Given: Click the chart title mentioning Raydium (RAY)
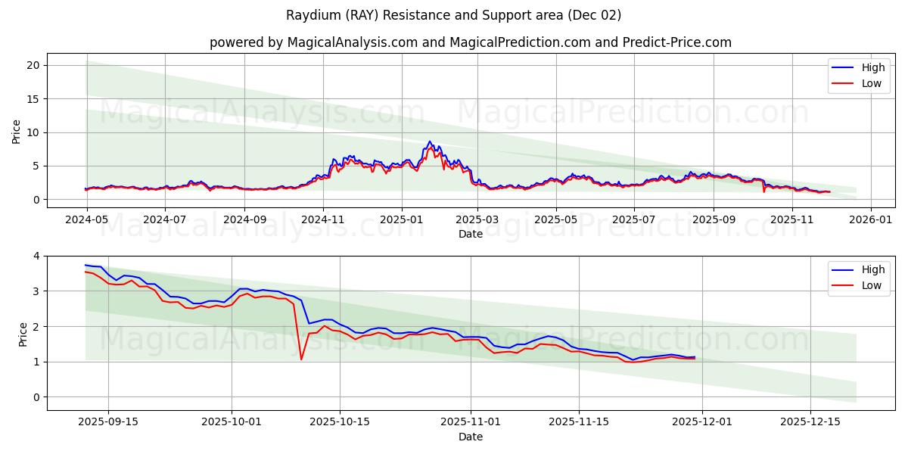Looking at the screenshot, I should pyautogui.click(x=454, y=15).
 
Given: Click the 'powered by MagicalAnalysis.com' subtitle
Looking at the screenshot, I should pyautogui.click(x=471, y=42).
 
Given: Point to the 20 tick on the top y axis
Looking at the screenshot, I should pyautogui.click(x=33, y=65).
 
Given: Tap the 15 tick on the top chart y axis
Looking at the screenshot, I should pyautogui.click(x=33, y=99).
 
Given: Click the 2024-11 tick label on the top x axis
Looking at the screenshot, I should pyautogui.click(x=323, y=219).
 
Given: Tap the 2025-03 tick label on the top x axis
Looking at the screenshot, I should pyautogui.click(x=477, y=219).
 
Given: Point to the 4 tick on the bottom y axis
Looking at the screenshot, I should pyautogui.click(x=36, y=256).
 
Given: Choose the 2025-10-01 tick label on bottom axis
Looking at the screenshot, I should pyautogui.click(x=232, y=421).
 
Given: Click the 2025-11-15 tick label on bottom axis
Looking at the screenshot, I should pyautogui.click(x=579, y=421).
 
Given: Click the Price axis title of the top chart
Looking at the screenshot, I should pyautogui.click(x=17, y=132).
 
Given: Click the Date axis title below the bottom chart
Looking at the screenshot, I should pyautogui.click(x=471, y=437).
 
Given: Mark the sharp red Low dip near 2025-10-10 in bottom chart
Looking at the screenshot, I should pyautogui.click(x=301, y=359).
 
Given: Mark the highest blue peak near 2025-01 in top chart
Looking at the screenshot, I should pyautogui.click(x=430, y=141).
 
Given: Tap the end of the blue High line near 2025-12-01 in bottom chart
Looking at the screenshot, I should pyautogui.click(x=694, y=357).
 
